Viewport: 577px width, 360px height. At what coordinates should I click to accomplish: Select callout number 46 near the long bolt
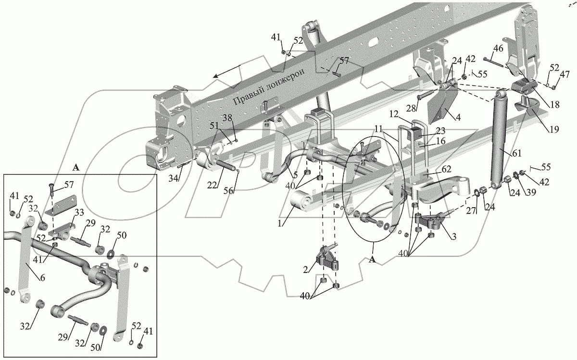point(498,48)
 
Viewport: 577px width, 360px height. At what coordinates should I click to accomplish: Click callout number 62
point(446,169)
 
